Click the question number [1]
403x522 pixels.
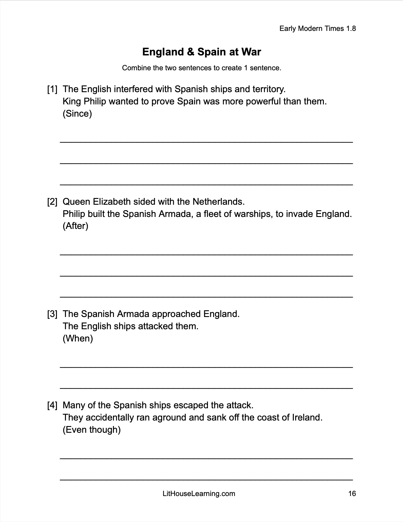[x=52, y=89]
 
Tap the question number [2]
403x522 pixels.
[x=52, y=202]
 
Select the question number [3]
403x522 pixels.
[x=52, y=314]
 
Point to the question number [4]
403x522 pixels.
[x=52, y=405]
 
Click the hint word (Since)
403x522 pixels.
[x=77, y=113]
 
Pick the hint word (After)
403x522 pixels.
[x=75, y=226]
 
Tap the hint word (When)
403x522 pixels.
[x=78, y=338]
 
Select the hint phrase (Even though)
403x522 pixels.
[x=91, y=430]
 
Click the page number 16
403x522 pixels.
[x=352, y=493]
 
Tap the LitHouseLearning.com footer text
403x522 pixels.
[x=199, y=493]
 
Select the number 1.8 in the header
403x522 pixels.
[x=351, y=28]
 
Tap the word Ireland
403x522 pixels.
[x=307, y=418]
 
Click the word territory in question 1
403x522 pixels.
[x=269, y=89]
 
